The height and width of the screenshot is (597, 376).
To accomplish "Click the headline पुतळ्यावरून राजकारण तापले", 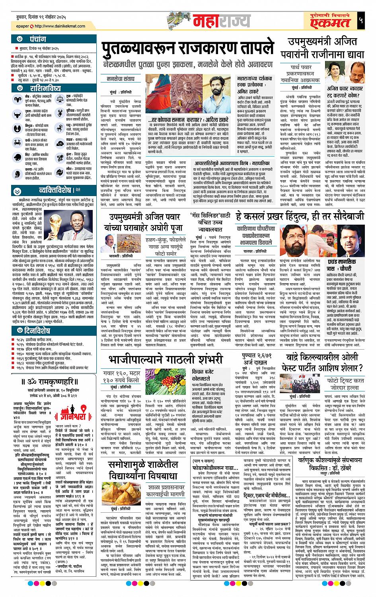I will (187, 50).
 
